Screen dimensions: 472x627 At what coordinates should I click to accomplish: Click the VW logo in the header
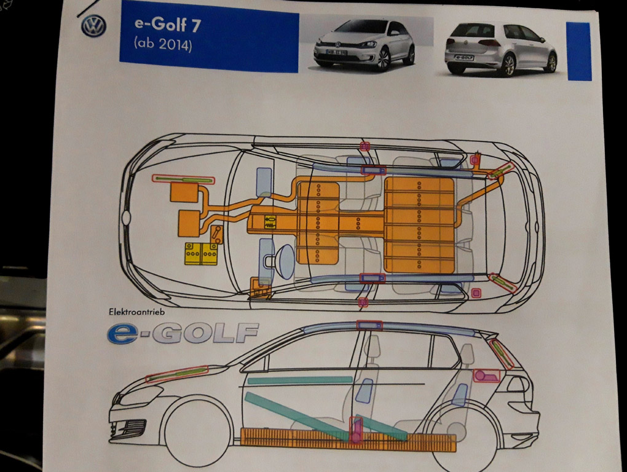pyautogui.click(x=94, y=26)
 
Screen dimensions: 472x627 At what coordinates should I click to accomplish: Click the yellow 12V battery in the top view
pyautogui.click(x=201, y=253)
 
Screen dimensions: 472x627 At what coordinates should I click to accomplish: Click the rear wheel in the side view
pyautogui.click(x=462, y=438)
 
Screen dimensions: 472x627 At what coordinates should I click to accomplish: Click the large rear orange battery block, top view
pyautogui.click(x=420, y=224)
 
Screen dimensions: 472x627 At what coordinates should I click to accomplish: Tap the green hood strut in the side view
pyautogui.click(x=177, y=374)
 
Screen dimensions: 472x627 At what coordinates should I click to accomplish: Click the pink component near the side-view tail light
pyautogui.click(x=485, y=376)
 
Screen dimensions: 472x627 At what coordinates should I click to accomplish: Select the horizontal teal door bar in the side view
pyautogui.click(x=299, y=380)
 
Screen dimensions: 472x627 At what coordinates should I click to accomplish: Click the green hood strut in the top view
pyautogui.click(x=183, y=179)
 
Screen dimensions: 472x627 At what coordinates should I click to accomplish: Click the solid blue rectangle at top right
pyautogui.click(x=578, y=51)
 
